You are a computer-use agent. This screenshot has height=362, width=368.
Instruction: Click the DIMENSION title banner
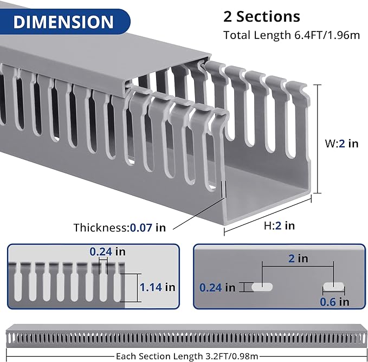pyautogui.click(x=63, y=22)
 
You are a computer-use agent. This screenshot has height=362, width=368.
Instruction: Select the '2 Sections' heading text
pyautogui.click(x=261, y=16)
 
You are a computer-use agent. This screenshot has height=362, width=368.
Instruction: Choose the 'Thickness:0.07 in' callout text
pyautogui.click(x=120, y=228)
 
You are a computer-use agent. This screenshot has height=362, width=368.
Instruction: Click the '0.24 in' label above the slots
pyautogui.click(x=107, y=251)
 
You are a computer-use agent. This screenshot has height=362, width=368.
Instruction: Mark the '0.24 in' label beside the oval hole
pyautogui.click(x=217, y=287)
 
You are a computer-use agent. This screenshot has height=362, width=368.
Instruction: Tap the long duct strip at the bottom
pyautogui.click(x=184, y=337)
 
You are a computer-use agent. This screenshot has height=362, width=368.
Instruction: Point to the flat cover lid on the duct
pyautogui.click(x=108, y=54)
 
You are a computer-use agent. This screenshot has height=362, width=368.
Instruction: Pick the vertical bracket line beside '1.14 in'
pyautogui.click(x=128, y=287)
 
